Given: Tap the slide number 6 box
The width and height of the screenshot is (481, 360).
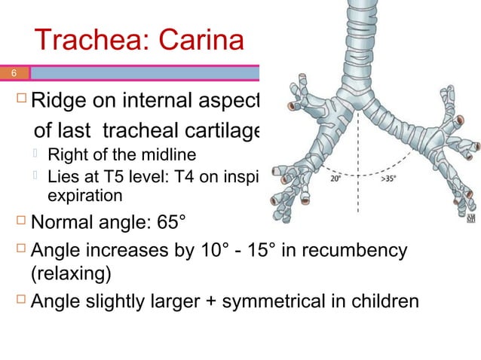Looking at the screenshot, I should pos(14,74).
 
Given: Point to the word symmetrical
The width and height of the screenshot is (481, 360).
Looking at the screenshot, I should pos(283,302).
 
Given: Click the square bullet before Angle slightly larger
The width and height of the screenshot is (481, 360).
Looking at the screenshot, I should pos(20,301).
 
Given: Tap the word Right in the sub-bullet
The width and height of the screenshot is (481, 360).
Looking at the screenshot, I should pos(65,157).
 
